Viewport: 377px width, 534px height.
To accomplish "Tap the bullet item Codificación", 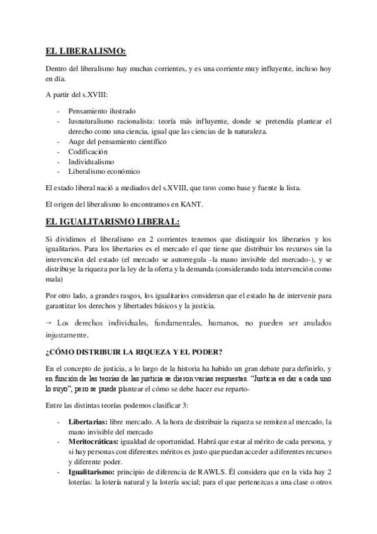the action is (x=88, y=151).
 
